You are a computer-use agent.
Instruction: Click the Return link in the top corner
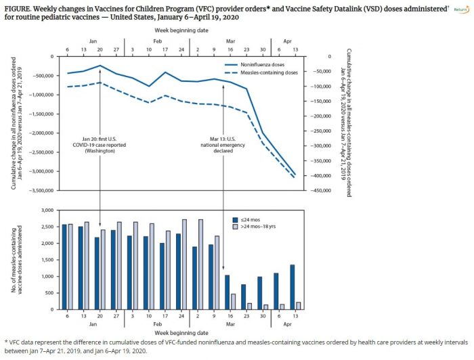(x=460, y=8)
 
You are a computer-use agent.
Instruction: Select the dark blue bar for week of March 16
(x=227, y=292)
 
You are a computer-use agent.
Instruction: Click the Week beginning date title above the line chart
(x=174, y=30)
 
